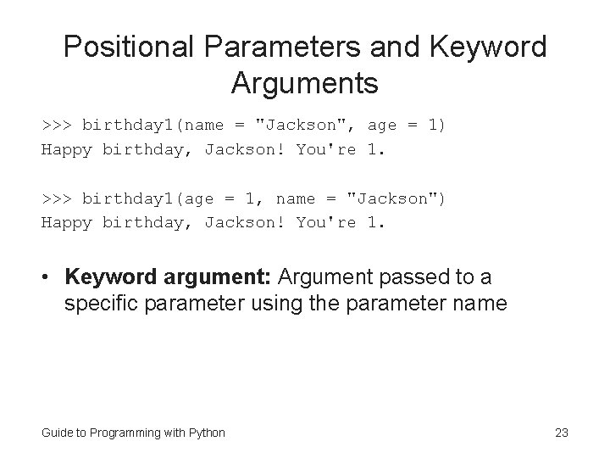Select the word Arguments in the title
tap(304, 84)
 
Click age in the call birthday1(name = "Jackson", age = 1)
tap(382, 126)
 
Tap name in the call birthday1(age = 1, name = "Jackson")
tap(296, 198)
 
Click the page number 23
tap(561, 433)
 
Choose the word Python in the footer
tap(208, 433)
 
